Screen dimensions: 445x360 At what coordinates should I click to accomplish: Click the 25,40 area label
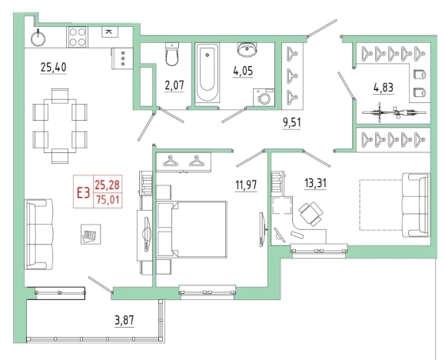click(x=53, y=68)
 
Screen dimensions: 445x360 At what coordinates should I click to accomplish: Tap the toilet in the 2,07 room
click(x=172, y=54)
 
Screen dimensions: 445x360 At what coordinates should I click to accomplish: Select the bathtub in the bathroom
click(x=208, y=73)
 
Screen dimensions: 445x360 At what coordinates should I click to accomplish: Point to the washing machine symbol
click(x=264, y=98)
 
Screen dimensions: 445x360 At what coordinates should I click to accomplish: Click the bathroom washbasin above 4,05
click(x=247, y=49)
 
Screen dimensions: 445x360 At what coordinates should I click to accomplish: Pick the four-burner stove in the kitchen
click(x=78, y=37)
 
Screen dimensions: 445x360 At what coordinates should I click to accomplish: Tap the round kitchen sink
click(x=38, y=38)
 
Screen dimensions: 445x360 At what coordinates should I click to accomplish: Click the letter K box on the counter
click(x=110, y=32)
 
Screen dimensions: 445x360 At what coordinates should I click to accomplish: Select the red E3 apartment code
click(x=84, y=193)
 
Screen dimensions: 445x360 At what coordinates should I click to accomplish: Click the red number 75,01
click(x=108, y=200)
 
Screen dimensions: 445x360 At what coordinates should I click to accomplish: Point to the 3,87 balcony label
click(x=124, y=320)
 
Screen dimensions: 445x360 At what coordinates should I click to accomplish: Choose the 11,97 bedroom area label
click(x=246, y=185)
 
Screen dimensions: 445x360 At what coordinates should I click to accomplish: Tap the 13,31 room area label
click(x=315, y=183)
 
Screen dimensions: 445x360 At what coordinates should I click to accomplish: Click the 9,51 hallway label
click(x=291, y=123)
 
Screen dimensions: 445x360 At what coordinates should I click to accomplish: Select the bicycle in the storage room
click(x=394, y=112)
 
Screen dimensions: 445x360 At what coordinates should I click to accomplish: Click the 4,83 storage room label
click(x=384, y=88)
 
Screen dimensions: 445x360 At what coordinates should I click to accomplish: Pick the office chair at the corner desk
click(x=311, y=214)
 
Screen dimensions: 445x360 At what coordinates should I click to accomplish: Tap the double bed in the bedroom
click(x=192, y=229)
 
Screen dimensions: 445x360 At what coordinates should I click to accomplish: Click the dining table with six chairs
click(x=60, y=126)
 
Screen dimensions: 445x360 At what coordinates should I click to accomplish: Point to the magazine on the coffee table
click(x=89, y=235)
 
